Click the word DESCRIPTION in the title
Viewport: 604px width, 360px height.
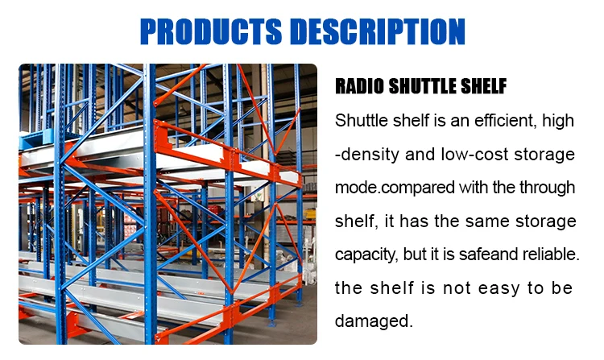379,31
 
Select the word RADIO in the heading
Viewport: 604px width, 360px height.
360,87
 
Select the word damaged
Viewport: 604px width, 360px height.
374,321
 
